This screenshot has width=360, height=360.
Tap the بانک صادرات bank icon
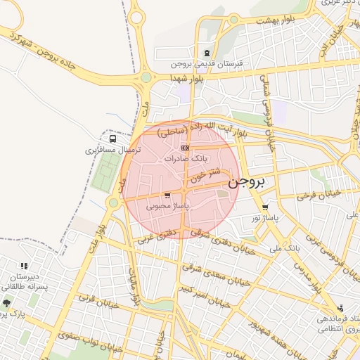tap(185, 148)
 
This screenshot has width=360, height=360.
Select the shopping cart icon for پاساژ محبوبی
tap(167, 196)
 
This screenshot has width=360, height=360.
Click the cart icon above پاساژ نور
tap(265, 207)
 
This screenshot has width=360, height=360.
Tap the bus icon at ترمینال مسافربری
tap(113, 139)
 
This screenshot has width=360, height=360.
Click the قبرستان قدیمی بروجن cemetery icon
tap(206, 53)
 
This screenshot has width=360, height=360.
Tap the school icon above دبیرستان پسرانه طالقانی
tap(25, 266)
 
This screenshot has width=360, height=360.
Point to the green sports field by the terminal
tap(108, 173)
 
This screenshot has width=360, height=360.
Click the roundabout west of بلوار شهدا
tap(146, 77)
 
